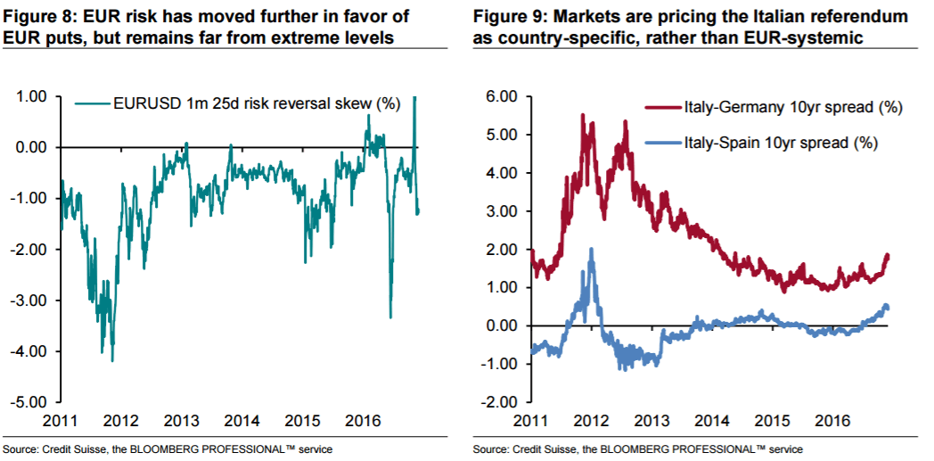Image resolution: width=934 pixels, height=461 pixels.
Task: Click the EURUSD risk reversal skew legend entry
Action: pyautogui.click(x=256, y=103)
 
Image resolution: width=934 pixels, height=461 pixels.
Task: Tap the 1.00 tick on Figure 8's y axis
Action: pyautogui.click(x=32, y=96)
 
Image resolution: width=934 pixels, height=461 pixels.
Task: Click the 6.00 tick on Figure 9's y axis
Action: pyautogui.click(x=499, y=96)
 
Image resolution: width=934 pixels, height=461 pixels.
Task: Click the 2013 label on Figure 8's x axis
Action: pyautogui.click(x=182, y=421)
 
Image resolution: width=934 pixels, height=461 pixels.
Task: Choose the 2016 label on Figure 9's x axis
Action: pyautogui.click(x=831, y=421)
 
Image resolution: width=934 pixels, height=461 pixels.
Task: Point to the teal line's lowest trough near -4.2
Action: pyautogui.click(x=111, y=360)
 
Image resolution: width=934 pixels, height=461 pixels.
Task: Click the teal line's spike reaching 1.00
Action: pyautogui.click(x=415, y=97)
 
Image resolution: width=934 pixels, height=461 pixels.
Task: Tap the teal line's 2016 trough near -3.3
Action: pyautogui.click(x=390, y=316)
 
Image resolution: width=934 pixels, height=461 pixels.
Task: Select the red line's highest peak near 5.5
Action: pyautogui.click(x=582, y=115)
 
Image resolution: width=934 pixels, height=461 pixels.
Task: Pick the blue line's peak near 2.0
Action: pyautogui.click(x=590, y=249)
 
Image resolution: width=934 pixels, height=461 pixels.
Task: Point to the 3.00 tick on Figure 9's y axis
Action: pyautogui.click(x=499, y=211)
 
